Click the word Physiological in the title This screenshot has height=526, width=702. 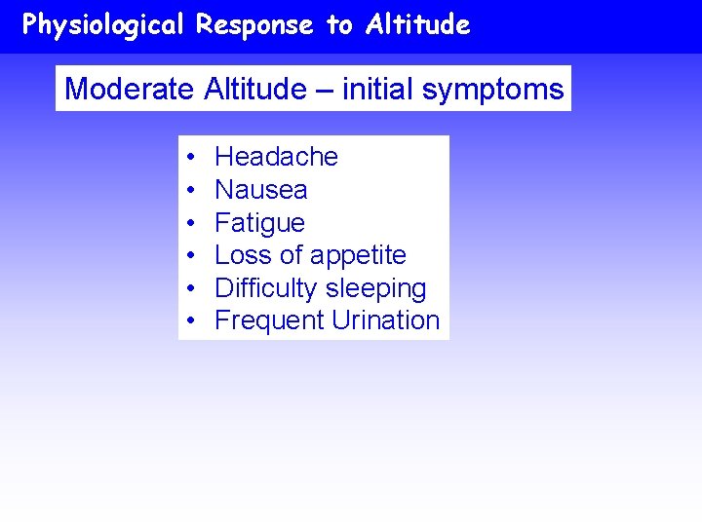(x=102, y=25)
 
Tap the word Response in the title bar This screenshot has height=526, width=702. (x=254, y=25)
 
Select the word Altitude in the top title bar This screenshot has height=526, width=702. (x=418, y=25)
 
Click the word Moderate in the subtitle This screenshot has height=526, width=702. (x=130, y=90)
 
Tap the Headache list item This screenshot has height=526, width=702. (x=276, y=157)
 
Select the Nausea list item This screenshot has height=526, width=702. (x=260, y=190)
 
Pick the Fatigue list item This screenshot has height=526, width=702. (x=259, y=223)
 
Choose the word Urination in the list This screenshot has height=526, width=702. (x=385, y=320)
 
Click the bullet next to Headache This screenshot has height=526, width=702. (x=189, y=158)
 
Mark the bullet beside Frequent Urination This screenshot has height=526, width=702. (x=189, y=321)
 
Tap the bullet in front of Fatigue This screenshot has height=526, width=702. (x=189, y=223)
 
